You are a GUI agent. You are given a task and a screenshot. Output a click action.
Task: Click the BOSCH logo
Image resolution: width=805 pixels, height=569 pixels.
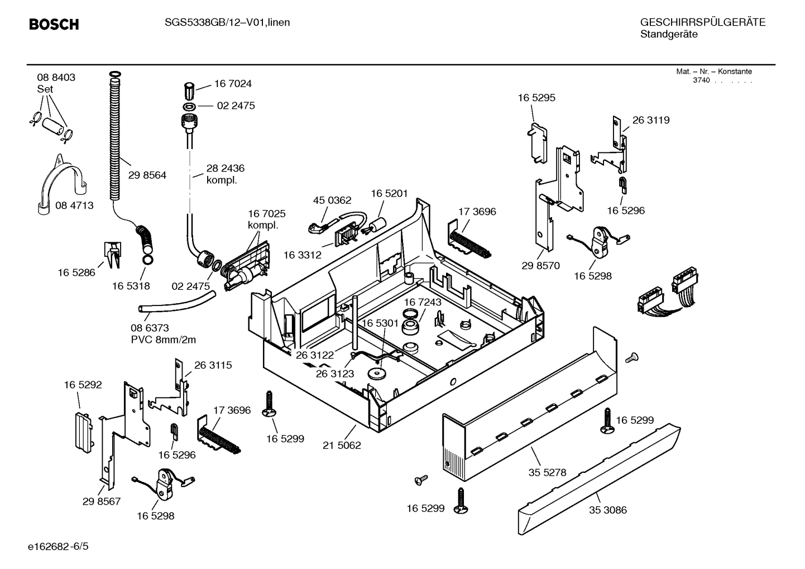[54, 25]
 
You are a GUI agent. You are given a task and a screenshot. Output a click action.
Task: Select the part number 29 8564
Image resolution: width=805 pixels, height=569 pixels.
[147, 175]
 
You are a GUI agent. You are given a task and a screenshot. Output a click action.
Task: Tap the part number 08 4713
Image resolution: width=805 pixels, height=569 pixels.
[74, 205]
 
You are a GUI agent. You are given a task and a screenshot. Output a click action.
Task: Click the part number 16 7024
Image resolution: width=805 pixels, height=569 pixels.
[233, 84]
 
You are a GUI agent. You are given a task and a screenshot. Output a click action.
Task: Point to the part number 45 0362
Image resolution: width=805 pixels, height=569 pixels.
[332, 200]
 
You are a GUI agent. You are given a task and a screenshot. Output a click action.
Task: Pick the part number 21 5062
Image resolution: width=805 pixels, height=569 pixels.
[342, 446]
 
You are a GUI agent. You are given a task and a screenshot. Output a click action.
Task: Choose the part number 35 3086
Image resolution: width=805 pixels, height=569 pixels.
[607, 510]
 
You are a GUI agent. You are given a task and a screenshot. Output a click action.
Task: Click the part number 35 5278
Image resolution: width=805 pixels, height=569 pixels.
[547, 472]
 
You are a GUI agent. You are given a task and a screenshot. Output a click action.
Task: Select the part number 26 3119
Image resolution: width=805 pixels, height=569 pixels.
[651, 120]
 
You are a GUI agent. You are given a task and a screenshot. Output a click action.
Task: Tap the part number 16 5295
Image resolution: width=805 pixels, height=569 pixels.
[536, 98]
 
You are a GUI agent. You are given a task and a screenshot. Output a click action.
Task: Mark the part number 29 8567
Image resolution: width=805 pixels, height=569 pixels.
[102, 501]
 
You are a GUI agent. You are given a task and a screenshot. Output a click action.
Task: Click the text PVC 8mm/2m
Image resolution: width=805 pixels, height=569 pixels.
[163, 340]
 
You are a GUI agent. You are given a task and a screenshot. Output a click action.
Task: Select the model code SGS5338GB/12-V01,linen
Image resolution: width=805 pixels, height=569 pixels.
[227, 22]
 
